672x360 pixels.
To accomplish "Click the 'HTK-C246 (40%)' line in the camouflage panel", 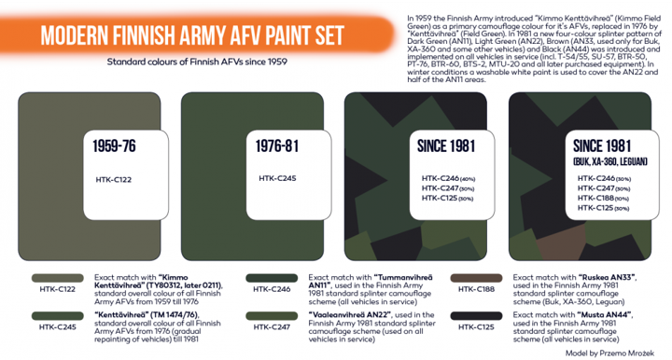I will click(449, 178).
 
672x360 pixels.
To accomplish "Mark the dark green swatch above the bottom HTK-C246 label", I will click(272, 277).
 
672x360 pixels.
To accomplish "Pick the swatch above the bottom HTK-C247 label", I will click(272, 317).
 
